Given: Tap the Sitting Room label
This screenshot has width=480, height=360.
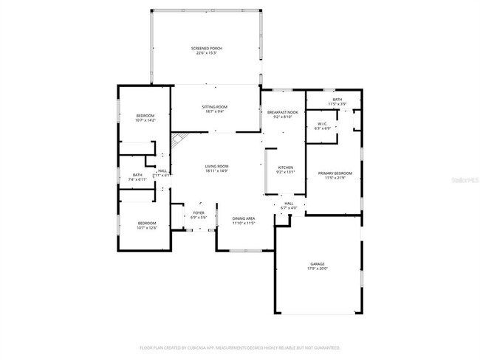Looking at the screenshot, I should tap(215, 107).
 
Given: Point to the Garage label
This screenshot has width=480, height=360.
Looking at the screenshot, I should tap(318, 263).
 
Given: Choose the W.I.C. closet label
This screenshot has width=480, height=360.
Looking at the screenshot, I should tap(323, 123).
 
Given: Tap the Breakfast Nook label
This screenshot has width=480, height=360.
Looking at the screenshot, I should tap(282, 111).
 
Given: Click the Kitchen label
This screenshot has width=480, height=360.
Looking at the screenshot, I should tap(286, 167).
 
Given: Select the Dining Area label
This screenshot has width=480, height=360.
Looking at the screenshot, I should tap(244, 218).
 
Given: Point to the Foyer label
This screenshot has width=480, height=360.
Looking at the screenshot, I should tap(199, 214).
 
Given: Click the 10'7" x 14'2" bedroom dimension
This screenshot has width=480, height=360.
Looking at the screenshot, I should tap(145, 120).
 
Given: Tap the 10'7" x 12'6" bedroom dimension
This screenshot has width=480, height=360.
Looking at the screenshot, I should tap(145, 227).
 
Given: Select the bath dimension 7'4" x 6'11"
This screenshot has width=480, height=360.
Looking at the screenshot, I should tap(137, 179).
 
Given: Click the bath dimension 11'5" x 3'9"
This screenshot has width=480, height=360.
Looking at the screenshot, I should tap(337, 104).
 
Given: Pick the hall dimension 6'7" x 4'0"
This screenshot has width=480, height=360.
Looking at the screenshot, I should tap(288, 207).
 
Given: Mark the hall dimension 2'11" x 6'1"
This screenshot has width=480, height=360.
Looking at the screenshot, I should tap(162, 175).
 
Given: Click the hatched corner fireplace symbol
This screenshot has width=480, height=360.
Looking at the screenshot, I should tap(176, 139).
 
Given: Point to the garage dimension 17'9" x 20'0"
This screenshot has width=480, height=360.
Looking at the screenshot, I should tap(318, 269).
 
